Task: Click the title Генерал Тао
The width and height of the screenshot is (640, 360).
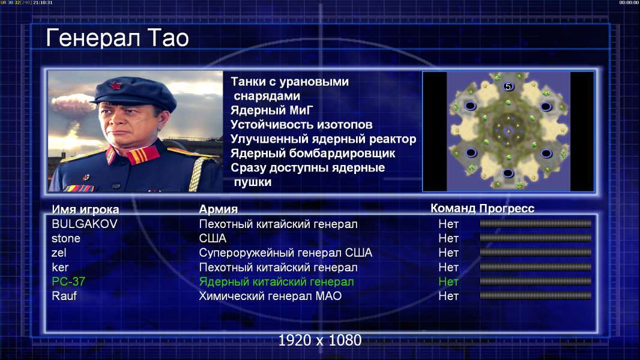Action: pos(117,38)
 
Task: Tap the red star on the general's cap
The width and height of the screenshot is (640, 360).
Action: pos(115,85)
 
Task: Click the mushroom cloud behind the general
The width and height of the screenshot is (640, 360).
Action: pos(72,104)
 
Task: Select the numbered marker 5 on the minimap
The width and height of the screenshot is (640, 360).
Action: pos(508,86)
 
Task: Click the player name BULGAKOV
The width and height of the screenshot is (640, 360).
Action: pos(85,224)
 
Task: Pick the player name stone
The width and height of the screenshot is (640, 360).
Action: pos(65,239)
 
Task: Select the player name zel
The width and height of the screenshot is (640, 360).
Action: pos(59,253)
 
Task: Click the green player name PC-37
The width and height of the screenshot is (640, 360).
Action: pos(68,281)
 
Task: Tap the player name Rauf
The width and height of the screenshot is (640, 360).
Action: pos(64,296)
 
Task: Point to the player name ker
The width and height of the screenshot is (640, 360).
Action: pos(60,268)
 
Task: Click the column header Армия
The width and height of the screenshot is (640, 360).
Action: pos(219,209)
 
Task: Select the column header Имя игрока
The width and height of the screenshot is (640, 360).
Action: pos(85,209)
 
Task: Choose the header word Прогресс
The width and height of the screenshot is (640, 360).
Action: pos(507,209)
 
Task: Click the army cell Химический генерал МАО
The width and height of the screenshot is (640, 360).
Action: pos(270,296)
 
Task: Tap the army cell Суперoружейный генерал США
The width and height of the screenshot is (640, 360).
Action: pos(285,253)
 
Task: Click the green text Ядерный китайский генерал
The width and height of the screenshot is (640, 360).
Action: pos(276,282)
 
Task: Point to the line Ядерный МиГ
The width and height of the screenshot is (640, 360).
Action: pos(271,110)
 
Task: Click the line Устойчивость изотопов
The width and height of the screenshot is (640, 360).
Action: pos(301,125)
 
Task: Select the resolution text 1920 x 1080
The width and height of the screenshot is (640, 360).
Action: pos(319,340)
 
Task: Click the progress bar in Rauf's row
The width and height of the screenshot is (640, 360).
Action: pos(536,296)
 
